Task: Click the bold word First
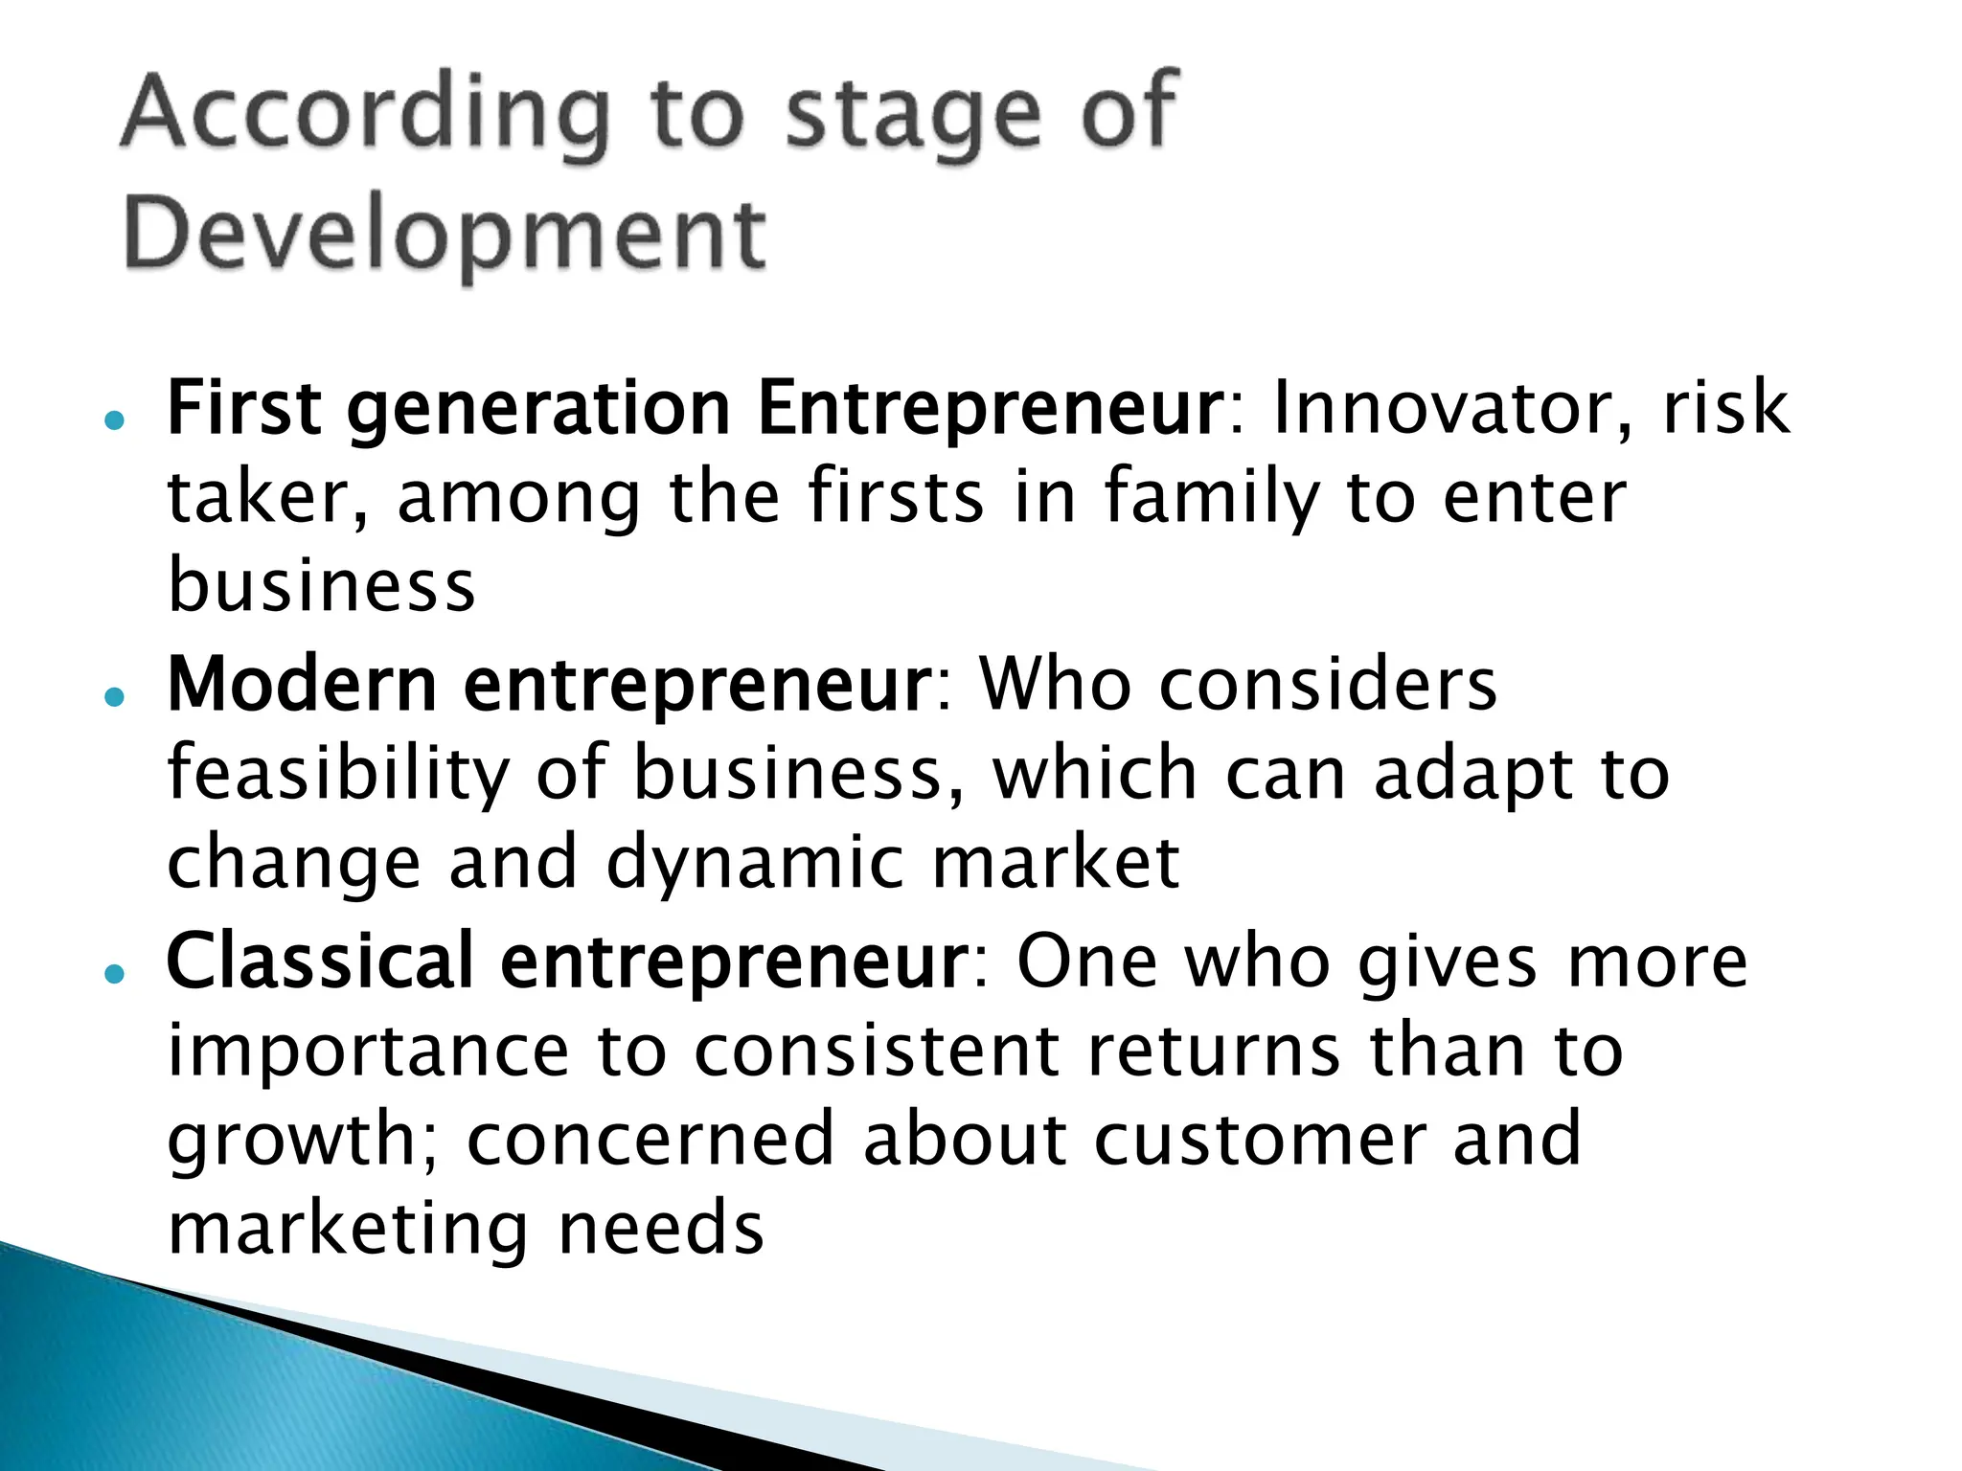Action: [244, 408]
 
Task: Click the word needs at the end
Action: [661, 1229]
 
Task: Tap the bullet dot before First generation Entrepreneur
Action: [115, 420]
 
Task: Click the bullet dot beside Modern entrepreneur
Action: [115, 697]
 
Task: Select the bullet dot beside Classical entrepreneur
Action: [115, 974]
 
